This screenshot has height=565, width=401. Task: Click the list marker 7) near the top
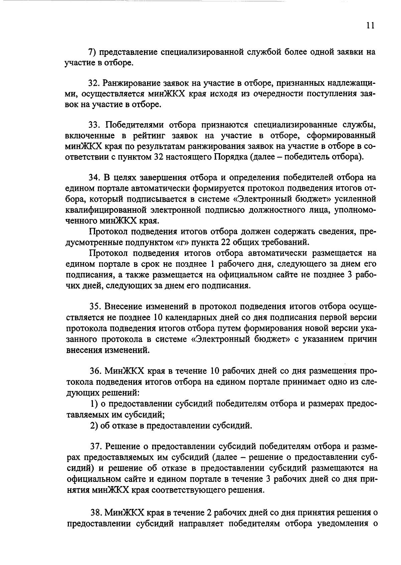point(92,52)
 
